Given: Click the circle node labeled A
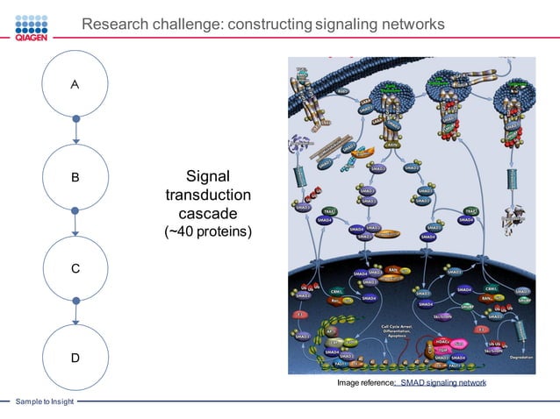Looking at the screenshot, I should (x=75, y=85).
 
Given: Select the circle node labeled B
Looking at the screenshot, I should (x=75, y=177).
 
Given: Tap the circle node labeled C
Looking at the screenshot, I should (x=75, y=269).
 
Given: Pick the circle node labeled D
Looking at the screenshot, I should (x=75, y=358).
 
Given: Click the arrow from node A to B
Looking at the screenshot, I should (x=75, y=131).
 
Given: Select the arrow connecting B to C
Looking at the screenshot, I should (x=75, y=223).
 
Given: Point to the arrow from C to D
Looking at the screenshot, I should (x=75, y=313).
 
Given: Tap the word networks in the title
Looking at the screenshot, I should (x=413, y=25).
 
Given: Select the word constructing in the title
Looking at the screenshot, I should (x=268, y=25).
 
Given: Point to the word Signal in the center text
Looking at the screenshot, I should (x=208, y=175).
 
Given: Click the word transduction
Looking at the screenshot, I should (x=208, y=195).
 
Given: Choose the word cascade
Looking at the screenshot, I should (x=208, y=214).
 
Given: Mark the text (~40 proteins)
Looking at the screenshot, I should (x=208, y=232).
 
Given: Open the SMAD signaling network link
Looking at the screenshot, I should (x=442, y=384).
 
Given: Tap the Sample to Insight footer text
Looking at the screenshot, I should (x=44, y=401).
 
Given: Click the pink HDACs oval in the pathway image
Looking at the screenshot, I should (x=441, y=341).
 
